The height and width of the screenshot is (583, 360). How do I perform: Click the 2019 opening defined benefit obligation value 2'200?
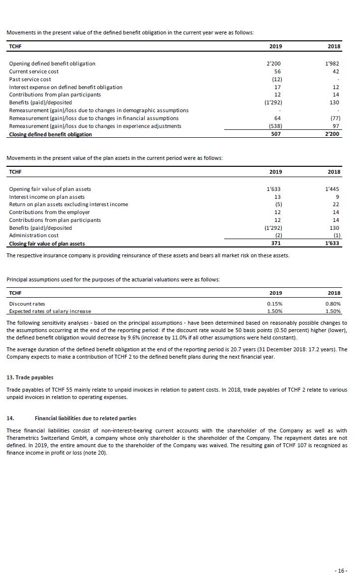click(x=273, y=63)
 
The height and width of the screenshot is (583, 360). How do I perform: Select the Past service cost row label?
click(x=30, y=79)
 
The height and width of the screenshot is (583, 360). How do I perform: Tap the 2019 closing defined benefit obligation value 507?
click(x=276, y=134)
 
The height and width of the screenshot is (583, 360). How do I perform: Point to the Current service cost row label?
click(x=33, y=71)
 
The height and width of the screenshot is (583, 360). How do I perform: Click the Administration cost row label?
click(x=31, y=236)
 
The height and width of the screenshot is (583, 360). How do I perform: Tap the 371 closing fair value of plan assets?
click(x=276, y=244)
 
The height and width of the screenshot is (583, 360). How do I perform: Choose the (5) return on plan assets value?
click(x=278, y=205)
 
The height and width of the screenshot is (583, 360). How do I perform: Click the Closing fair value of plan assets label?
click(x=47, y=244)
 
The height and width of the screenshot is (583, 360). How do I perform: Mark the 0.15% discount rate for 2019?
click(x=274, y=304)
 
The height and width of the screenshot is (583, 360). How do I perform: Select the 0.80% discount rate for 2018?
click(x=332, y=304)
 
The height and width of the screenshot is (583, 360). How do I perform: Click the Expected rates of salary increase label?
click(x=50, y=311)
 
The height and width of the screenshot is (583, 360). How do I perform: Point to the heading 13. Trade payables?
click(x=30, y=377)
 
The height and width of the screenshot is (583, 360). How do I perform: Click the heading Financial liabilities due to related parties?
click(x=85, y=418)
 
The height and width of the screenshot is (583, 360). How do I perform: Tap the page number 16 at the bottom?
click(x=341, y=571)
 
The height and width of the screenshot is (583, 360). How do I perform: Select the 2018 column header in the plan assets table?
click(x=334, y=172)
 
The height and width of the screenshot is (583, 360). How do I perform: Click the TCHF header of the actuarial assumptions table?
click(x=15, y=293)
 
